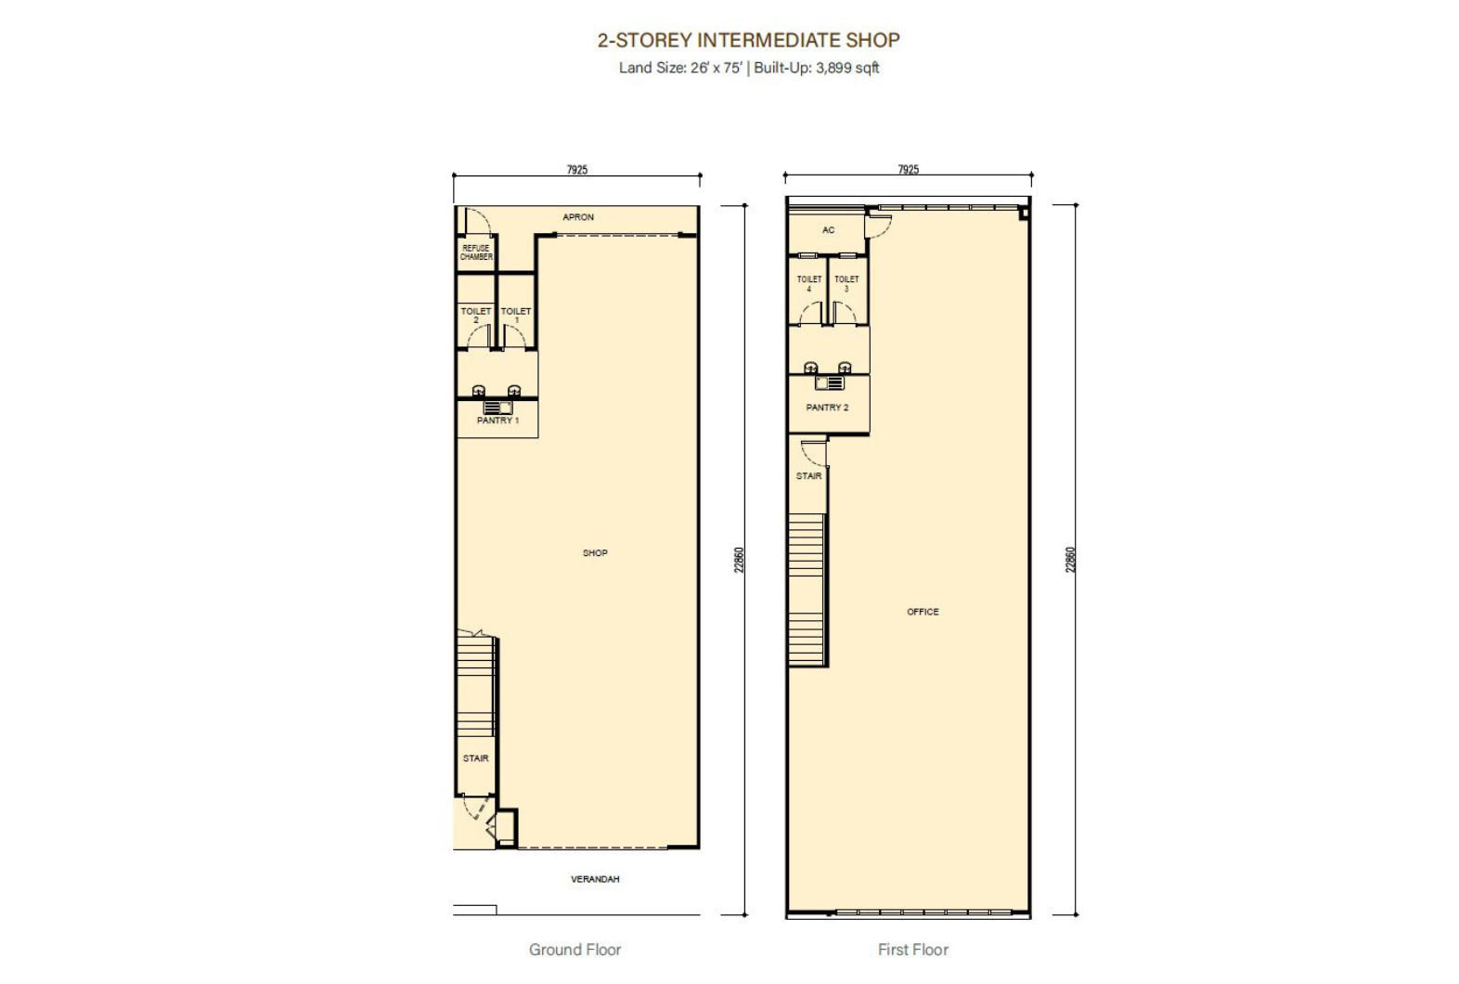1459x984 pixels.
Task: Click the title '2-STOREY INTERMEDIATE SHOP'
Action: coord(748,41)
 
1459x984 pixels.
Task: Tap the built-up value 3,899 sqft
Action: coord(847,68)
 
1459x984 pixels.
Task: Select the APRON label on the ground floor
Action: coord(577,217)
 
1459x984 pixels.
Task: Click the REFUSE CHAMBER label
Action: coord(476,252)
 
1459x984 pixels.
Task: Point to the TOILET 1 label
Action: coord(516,316)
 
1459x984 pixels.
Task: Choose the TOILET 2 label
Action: coord(476,316)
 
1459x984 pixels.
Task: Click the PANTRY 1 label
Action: coord(497,421)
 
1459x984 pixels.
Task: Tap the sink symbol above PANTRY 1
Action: coord(497,408)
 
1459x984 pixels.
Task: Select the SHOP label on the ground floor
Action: coord(595,552)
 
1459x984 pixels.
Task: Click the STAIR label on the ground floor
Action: coord(475,757)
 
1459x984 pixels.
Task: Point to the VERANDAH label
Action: coord(595,879)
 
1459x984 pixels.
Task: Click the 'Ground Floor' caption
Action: coord(575,950)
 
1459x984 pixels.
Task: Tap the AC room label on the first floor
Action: coord(828,230)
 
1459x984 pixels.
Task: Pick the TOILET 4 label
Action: coord(809,283)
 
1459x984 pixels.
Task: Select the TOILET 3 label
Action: coord(846,283)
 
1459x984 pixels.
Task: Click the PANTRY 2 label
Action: coord(827,408)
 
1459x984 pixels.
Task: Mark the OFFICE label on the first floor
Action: coord(923,612)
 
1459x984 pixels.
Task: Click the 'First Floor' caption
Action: coord(913,950)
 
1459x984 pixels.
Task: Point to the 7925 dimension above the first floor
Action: coord(908,170)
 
